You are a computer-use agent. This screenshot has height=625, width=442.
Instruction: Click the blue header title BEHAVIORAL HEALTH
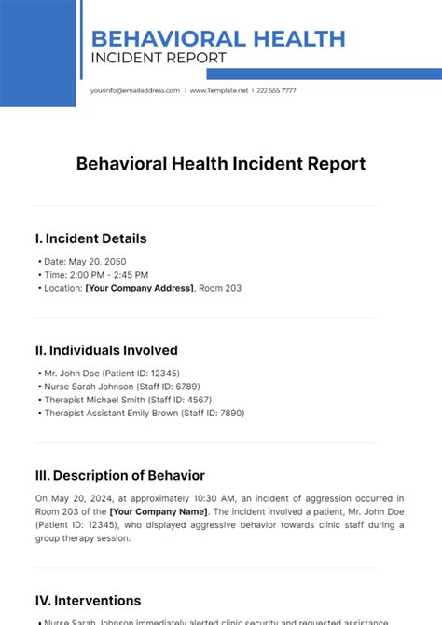(x=218, y=39)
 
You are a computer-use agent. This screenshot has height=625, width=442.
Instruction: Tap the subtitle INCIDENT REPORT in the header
(x=159, y=59)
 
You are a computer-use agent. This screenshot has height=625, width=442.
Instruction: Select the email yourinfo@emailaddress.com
(x=134, y=90)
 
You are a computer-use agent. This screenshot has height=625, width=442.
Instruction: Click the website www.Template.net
(x=219, y=90)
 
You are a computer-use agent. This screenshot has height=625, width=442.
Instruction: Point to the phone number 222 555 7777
(x=276, y=90)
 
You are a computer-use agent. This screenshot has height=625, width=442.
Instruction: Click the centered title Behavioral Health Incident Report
(x=220, y=164)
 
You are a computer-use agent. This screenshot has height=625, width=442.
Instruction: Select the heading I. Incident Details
(x=90, y=238)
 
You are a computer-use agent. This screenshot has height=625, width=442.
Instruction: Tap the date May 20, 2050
(x=99, y=262)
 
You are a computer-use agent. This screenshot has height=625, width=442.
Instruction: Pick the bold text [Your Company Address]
(x=140, y=289)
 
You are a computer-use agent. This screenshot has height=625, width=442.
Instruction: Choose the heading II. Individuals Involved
(x=105, y=350)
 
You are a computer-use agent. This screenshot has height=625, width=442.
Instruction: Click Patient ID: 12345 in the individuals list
(x=148, y=374)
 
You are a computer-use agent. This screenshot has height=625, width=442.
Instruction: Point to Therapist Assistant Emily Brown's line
(x=145, y=413)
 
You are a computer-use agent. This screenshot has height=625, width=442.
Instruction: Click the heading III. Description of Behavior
(x=119, y=475)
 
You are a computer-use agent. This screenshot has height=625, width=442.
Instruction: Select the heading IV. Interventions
(x=88, y=601)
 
